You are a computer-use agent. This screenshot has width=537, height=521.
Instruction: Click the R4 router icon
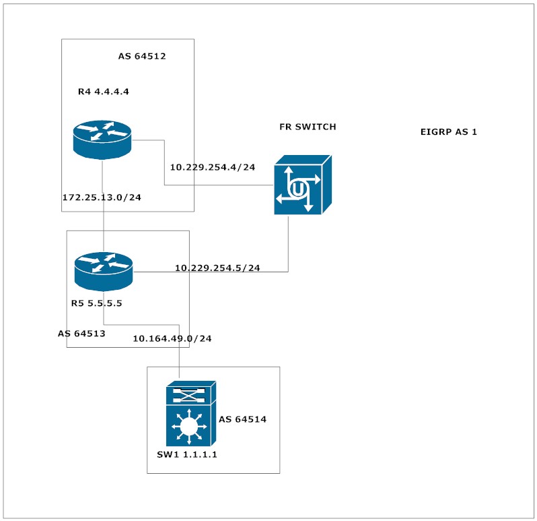coord(102,139)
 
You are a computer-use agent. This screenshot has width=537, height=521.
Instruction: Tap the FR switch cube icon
coord(302,185)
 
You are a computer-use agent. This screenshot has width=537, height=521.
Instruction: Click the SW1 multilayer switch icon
coord(190,413)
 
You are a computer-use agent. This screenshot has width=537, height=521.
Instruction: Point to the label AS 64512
coord(142,57)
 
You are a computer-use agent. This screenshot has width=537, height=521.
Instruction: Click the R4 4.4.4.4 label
coord(103,92)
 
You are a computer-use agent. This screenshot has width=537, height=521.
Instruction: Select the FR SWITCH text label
coord(308,127)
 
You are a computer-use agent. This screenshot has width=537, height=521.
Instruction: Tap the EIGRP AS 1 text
coord(448,132)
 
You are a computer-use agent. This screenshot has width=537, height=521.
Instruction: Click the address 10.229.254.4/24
coord(212,167)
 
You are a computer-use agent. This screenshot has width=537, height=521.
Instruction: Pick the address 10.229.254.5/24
coord(217,268)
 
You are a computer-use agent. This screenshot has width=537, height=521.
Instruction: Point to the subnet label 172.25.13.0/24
coord(102,198)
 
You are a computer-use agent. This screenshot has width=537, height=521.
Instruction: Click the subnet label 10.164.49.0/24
coord(172,338)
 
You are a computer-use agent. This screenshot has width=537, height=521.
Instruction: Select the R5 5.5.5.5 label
coord(96,303)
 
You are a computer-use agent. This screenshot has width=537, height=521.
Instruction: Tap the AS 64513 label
coord(81,333)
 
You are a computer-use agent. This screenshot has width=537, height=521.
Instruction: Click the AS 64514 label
coord(242,419)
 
